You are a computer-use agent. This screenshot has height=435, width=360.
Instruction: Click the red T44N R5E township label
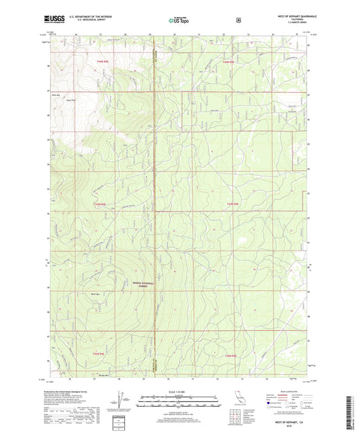coord(228,61)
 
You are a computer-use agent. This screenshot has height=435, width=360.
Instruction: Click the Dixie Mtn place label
coord(56,96)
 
